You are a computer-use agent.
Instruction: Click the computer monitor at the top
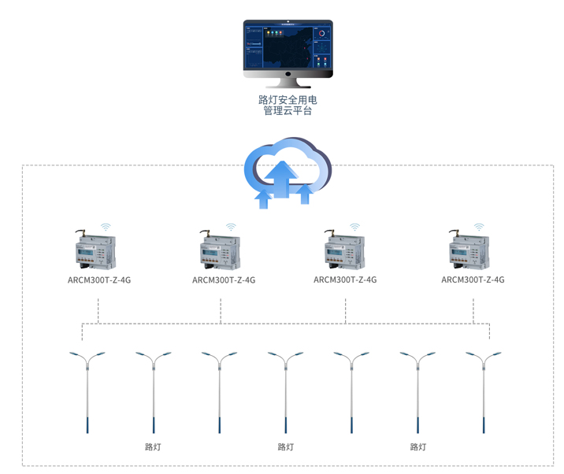288,47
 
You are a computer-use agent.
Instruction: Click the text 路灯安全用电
288,99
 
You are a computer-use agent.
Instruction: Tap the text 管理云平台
288,111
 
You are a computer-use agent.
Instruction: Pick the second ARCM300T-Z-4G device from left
221,251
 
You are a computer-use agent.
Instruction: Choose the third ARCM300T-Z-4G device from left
346,251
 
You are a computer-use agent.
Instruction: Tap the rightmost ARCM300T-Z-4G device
470,251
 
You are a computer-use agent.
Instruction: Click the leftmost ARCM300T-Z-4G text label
99,280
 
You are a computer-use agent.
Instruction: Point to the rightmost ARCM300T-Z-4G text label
473,280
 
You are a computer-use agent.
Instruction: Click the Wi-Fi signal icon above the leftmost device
106,228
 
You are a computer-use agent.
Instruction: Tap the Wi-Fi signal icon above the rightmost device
479,228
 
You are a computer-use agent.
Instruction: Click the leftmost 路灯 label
153,447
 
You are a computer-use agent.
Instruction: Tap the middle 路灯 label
286,447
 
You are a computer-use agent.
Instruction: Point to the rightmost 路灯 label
418,447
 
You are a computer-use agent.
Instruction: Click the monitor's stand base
288,84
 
